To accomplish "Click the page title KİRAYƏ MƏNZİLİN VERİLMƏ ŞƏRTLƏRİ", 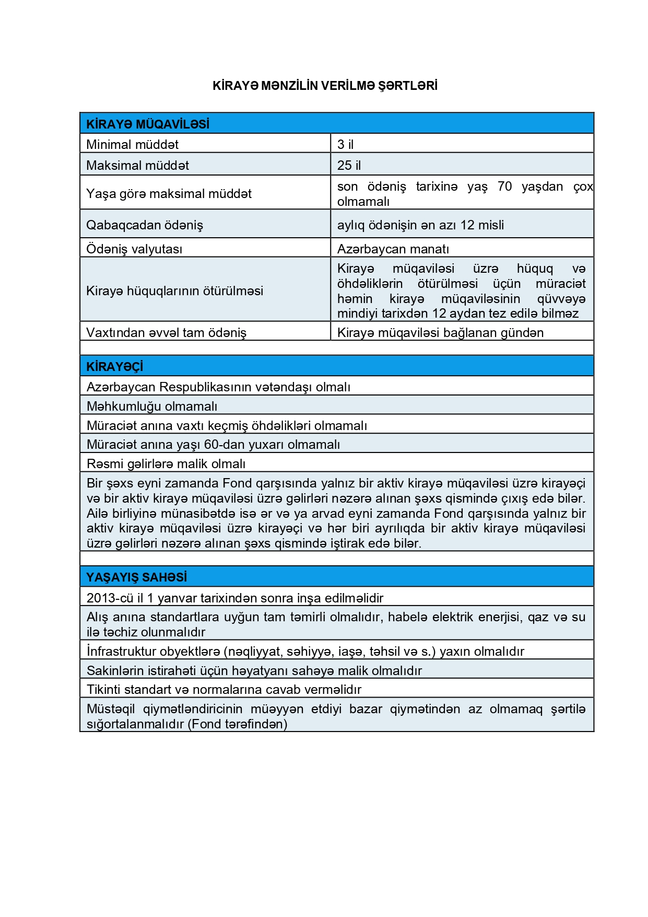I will [325, 86].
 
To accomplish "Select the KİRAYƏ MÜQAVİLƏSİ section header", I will [148, 124].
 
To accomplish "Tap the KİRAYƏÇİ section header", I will [114, 366].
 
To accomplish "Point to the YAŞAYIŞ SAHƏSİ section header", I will [137, 577].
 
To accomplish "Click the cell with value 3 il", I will [346, 144].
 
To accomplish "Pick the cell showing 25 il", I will [349, 165].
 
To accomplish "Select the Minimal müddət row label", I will [132, 144].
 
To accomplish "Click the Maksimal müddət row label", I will [137, 165].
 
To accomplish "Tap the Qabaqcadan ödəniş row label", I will [145, 225].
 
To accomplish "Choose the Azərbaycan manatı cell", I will [393, 249].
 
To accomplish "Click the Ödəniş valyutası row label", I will [134, 249].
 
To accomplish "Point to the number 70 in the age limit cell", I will [504, 187].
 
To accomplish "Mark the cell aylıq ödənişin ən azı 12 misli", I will [420, 225].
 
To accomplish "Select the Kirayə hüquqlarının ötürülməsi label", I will [174, 291].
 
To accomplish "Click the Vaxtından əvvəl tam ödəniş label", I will [166, 332].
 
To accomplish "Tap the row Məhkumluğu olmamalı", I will [152, 406].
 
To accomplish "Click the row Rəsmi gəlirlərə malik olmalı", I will [166, 463].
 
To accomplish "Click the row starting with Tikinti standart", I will [224, 689].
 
